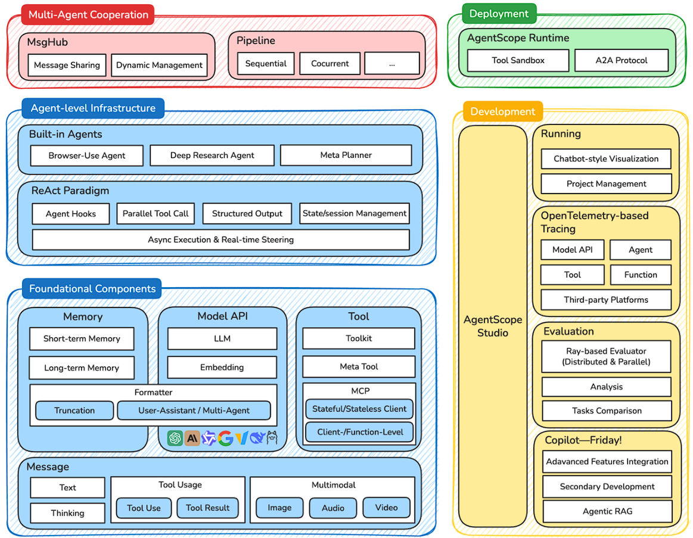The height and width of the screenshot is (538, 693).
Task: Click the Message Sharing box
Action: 67,66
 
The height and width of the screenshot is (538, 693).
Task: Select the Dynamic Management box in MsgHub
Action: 159,66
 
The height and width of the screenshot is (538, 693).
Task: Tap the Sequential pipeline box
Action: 266,64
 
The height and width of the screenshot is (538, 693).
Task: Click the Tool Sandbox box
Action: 518,61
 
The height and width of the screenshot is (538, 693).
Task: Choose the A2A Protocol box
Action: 621,61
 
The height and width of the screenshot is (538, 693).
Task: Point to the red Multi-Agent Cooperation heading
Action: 88,15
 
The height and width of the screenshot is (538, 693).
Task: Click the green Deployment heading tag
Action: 499,14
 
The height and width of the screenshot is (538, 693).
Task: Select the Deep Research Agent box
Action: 212,156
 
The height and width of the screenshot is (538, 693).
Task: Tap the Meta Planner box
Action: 346,156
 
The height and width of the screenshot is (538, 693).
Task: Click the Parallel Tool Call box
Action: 156,214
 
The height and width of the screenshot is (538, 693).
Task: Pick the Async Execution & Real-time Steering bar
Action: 220,240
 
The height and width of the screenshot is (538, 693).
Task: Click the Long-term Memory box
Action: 82,368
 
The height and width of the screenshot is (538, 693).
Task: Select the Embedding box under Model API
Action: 222,368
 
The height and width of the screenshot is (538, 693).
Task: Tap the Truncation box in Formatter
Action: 74,411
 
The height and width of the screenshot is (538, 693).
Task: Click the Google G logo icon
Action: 225,439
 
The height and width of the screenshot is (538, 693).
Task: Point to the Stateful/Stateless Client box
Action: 359,409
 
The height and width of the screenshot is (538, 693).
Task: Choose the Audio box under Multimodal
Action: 332,508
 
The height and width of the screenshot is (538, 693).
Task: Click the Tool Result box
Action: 207,508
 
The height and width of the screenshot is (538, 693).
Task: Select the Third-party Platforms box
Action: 606,300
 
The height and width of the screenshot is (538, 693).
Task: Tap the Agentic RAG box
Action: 607,512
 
